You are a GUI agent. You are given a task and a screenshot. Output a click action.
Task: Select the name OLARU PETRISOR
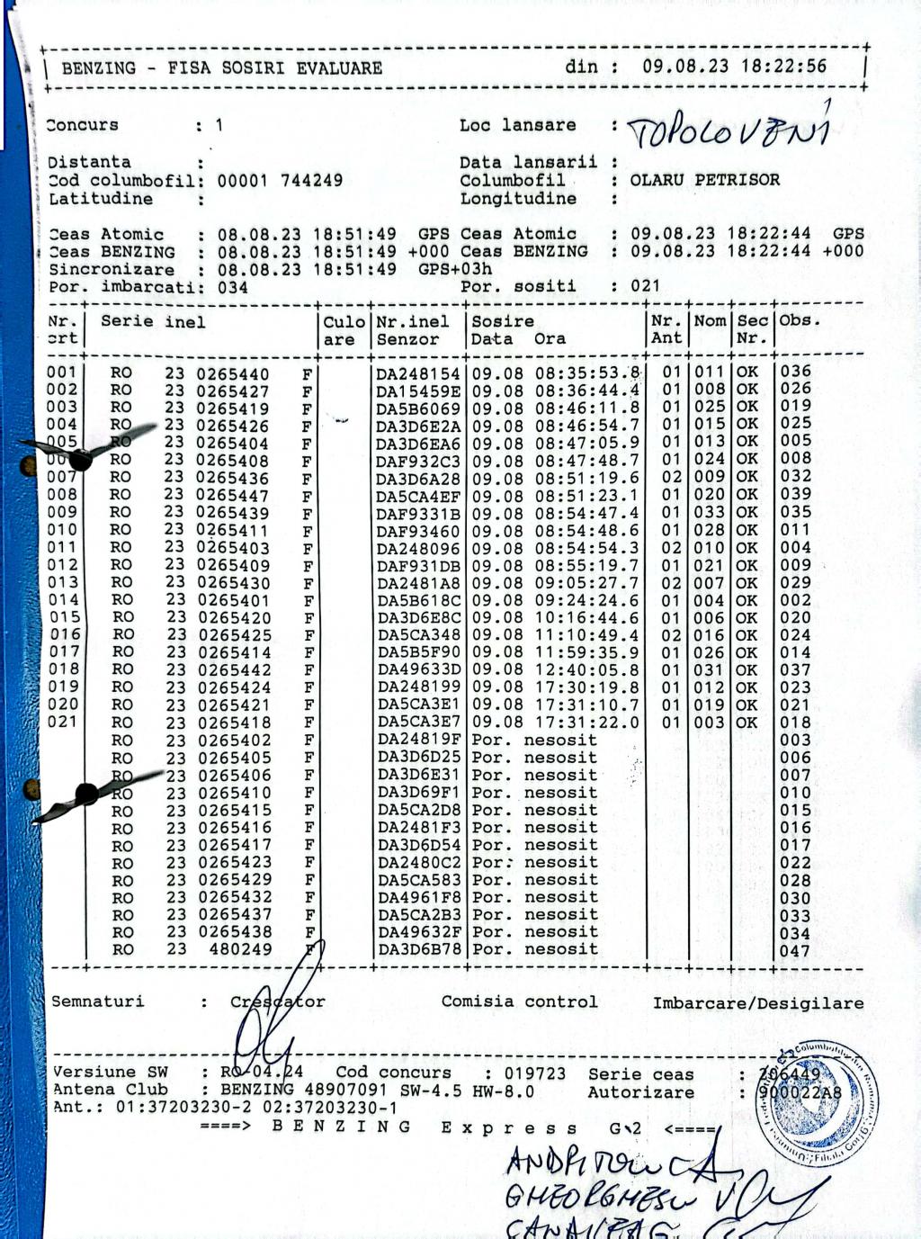[x=704, y=180]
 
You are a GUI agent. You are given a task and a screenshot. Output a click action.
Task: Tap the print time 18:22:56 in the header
[x=783, y=67]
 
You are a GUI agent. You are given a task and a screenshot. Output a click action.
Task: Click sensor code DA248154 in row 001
[x=418, y=373]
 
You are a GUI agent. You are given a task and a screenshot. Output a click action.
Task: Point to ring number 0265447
[x=232, y=495]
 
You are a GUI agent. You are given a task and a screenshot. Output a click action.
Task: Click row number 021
[x=62, y=722]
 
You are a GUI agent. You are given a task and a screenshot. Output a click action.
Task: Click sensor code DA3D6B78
[x=419, y=950]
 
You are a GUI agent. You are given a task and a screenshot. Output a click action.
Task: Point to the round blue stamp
[x=817, y=1103]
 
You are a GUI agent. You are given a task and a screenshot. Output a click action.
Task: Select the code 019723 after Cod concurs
[x=534, y=1073]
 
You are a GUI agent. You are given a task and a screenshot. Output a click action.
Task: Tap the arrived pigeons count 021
[x=645, y=286]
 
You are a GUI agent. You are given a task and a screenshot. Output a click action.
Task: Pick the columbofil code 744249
[x=311, y=181]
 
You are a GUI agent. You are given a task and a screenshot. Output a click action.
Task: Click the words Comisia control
[x=519, y=1001]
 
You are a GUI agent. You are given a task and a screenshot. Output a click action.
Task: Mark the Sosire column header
[x=503, y=321]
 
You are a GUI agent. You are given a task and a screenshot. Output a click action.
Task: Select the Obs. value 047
[x=795, y=951]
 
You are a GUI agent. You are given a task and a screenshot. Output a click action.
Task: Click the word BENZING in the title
[x=99, y=68]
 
